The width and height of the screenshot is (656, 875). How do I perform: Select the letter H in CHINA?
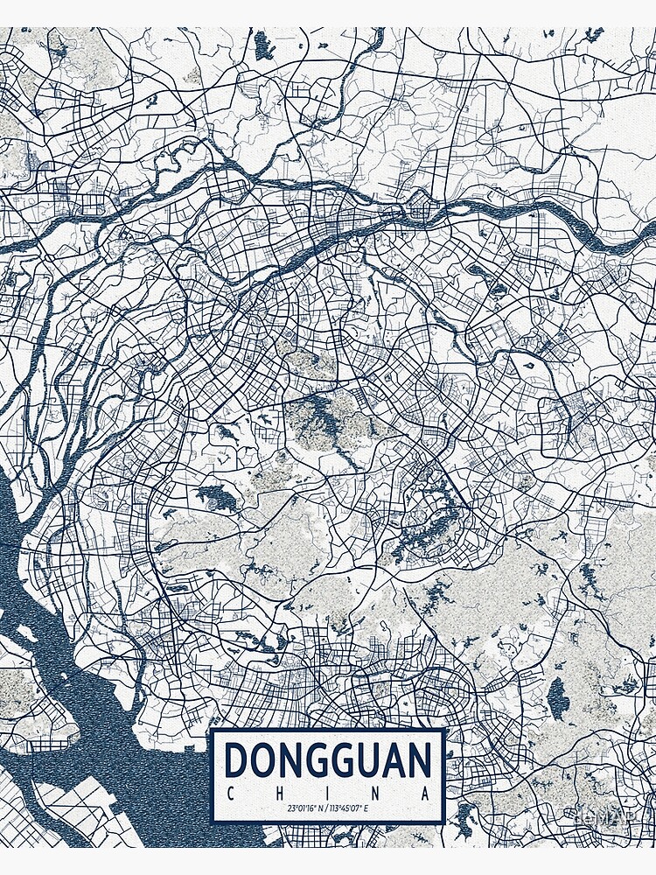(279, 794)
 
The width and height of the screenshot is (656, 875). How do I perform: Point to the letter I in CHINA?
(329, 794)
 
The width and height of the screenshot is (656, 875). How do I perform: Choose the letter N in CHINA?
(378, 794)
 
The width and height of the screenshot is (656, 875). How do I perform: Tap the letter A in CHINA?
(427, 794)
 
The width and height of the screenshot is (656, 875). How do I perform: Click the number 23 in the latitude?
(290, 808)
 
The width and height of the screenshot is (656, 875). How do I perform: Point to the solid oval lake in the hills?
(557, 698)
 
